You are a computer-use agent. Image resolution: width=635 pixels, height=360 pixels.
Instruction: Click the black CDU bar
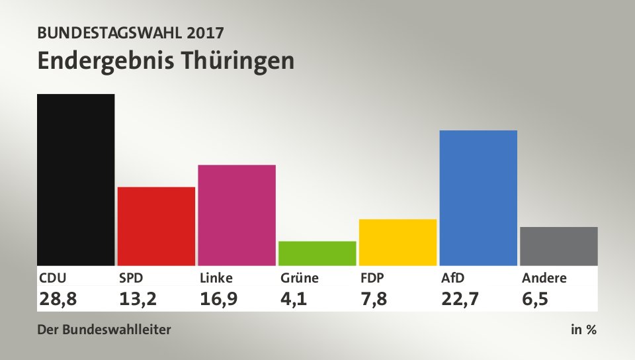tap(76, 179)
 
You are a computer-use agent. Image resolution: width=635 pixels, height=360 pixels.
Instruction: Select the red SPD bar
tap(156, 226)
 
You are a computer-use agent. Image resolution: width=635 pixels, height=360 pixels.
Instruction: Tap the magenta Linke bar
tap(237, 214)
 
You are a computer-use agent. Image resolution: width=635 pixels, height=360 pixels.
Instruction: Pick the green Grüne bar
tap(317, 253)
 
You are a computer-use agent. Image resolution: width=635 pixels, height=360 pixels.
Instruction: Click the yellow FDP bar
tap(398, 242)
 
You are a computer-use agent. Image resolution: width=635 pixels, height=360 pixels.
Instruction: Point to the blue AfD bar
tap(478, 197)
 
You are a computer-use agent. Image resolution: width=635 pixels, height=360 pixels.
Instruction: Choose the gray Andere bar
tap(559, 246)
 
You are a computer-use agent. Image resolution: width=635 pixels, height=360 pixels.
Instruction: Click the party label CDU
tap(53, 278)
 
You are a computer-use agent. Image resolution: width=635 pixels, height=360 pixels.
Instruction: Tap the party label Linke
tap(216, 278)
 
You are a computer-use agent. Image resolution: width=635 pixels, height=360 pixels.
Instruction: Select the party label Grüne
tap(298, 278)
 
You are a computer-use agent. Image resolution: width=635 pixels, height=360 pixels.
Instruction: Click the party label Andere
tap(544, 278)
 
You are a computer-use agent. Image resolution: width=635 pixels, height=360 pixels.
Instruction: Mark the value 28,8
tap(58, 299)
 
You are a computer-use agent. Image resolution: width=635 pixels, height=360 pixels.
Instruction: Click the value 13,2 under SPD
tap(138, 299)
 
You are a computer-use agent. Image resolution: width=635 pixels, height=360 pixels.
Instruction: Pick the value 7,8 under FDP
tap(374, 299)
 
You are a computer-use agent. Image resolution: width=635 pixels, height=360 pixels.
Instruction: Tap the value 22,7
tap(460, 299)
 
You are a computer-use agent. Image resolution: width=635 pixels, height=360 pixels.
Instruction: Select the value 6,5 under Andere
tap(535, 299)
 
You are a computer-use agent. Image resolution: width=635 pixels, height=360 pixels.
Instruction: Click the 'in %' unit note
tap(583, 330)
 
